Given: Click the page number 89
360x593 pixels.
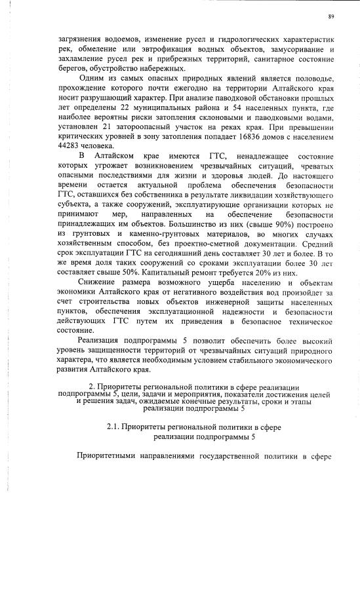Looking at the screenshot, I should (332, 15).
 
